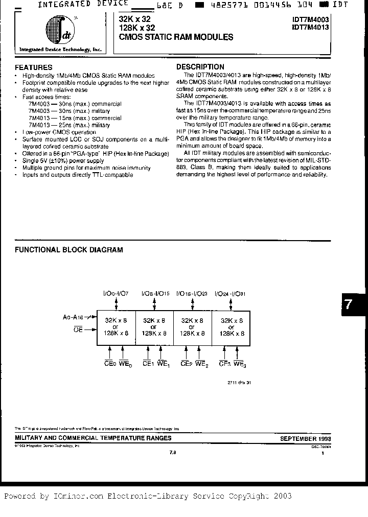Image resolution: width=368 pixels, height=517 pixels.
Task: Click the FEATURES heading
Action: [x=34, y=67]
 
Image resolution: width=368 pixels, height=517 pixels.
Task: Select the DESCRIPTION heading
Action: [x=200, y=67]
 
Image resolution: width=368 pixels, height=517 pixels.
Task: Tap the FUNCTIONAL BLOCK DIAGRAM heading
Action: [x=68, y=250]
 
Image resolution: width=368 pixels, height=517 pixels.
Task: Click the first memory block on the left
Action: [x=117, y=326]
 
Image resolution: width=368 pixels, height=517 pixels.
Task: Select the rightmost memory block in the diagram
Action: [x=232, y=326]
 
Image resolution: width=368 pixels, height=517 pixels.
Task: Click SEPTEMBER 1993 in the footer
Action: [x=305, y=438]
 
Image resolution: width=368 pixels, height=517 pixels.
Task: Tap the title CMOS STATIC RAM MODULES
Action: [x=176, y=37]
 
